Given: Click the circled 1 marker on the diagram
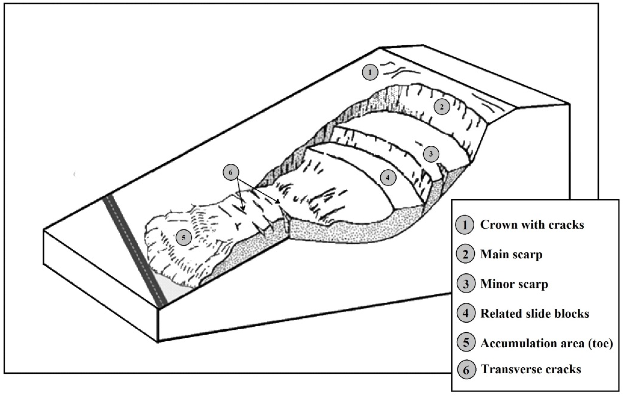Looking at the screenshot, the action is point(370,72).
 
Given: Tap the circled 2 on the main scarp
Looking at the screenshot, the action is point(442,107).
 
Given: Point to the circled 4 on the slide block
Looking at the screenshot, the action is point(388,178).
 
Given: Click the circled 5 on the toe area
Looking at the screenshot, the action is point(184,237).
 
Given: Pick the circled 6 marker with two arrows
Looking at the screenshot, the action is point(231,172).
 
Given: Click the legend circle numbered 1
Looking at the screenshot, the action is point(465,225).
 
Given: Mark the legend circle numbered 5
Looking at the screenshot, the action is point(466,343).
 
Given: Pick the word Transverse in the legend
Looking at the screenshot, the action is point(511,369).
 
